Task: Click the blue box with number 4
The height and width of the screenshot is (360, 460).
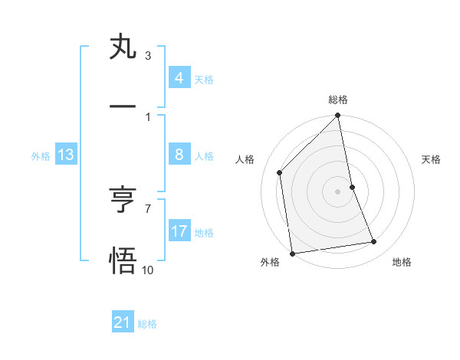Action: pyautogui.click(x=179, y=78)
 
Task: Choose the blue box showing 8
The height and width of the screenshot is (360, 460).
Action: pyautogui.click(x=179, y=155)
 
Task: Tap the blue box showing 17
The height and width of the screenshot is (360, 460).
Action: pyautogui.click(x=179, y=231)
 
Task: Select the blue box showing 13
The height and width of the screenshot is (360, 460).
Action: pyautogui.click(x=66, y=155)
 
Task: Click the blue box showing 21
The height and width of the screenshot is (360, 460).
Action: pyautogui.click(x=123, y=322)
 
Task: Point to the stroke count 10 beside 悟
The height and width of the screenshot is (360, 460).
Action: pyautogui.click(x=147, y=270)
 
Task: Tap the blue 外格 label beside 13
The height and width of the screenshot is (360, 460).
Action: pyautogui.click(x=41, y=156)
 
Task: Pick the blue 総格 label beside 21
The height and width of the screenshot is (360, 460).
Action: pyautogui.click(x=147, y=324)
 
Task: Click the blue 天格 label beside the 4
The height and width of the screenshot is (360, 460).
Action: pyautogui.click(x=204, y=80)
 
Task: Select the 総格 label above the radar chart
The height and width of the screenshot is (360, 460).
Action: pyautogui.click(x=338, y=100)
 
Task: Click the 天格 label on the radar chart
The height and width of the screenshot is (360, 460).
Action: pyautogui.click(x=432, y=159)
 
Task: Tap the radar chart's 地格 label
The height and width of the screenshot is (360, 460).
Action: pyautogui.click(x=402, y=262)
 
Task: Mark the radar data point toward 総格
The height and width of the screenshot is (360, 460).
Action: pyautogui.click(x=338, y=116)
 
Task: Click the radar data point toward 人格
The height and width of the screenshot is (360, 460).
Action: pyautogui.click(x=280, y=172)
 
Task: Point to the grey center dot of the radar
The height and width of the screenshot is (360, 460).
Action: pyautogui.click(x=338, y=191)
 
